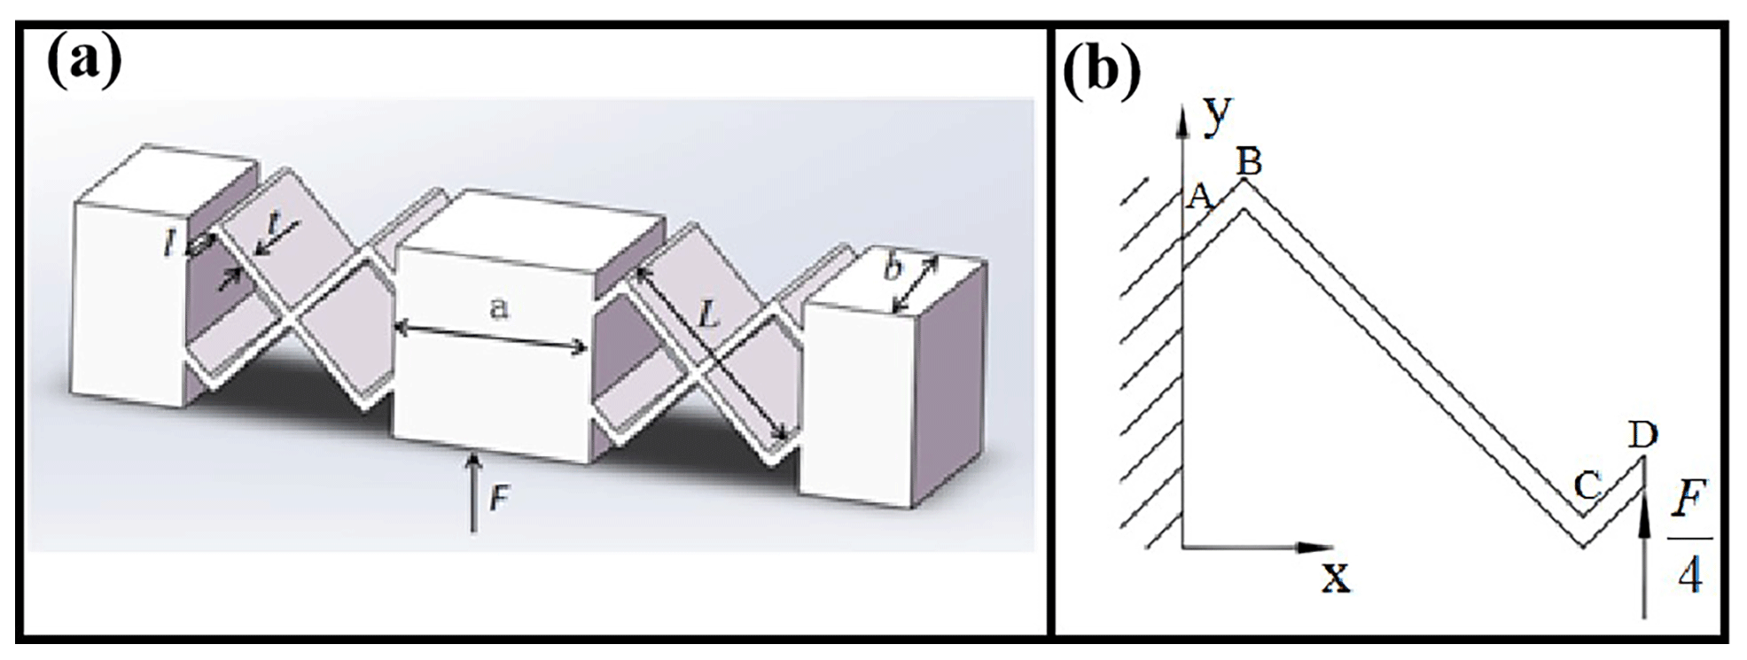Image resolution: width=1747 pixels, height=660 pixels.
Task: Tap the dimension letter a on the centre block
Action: pyautogui.click(x=500, y=308)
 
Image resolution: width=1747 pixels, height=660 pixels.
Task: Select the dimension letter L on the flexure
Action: pyautogui.click(x=707, y=314)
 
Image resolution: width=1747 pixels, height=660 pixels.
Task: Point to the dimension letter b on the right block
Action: pyautogui.click(x=893, y=268)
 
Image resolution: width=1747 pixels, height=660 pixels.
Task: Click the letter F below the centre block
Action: pyautogui.click(x=499, y=500)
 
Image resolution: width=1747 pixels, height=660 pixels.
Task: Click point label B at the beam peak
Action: pyautogui.click(x=1249, y=161)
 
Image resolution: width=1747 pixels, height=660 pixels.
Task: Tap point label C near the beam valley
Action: pyautogui.click(x=1587, y=485)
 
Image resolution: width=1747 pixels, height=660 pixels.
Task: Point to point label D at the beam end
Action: pyautogui.click(x=1642, y=434)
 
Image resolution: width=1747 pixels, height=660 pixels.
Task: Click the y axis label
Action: pyautogui.click(x=1219, y=113)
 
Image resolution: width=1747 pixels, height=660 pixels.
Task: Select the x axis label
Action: pyautogui.click(x=1336, y=578)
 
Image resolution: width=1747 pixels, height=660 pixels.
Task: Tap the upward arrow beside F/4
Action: pyautogui.click(x=1644, y=549)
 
